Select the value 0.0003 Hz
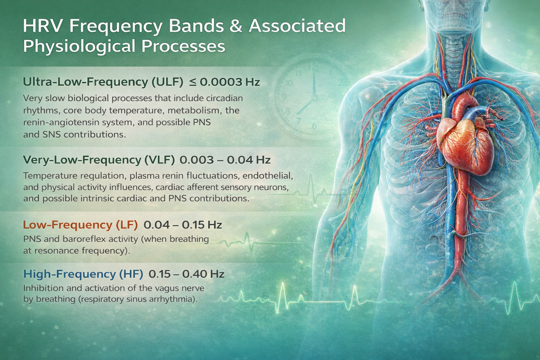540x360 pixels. (x=230, y=82)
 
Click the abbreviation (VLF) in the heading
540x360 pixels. (x=159, y=160)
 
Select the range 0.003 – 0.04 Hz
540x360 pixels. (x=225, y=160)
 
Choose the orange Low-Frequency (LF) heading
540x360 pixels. (x=80, y=224)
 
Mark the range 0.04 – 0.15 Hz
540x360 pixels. (x=183, y=224)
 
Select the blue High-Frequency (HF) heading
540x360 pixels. (x=83, y=274)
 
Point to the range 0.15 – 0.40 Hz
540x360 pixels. (x=186, y=274)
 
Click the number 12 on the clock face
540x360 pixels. (x=315, y=68)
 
